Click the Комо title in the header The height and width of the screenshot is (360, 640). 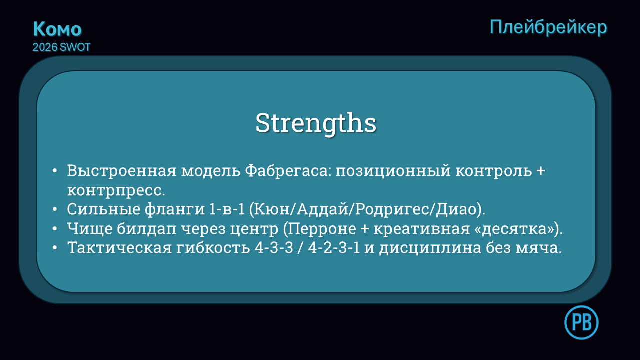pos(57,29)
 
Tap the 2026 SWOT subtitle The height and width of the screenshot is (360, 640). pos(61,47)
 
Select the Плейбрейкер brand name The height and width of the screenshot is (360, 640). pos(548,27)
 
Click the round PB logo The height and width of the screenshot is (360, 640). pos(581,322)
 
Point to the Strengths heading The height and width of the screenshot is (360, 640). pos(316,123)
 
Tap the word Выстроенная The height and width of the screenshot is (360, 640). pos(122,171)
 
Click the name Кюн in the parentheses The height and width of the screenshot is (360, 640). pos(271,209)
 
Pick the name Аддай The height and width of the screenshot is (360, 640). pos(321,209)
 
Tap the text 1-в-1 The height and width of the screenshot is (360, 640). pos(227,209)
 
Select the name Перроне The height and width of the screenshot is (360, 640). pos(322,229)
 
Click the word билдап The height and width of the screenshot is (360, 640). pos(146,228)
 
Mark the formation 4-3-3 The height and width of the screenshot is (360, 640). pos(274,247)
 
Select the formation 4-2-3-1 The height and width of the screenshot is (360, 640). pos(334,247)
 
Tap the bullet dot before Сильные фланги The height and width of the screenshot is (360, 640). pos(55,209)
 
